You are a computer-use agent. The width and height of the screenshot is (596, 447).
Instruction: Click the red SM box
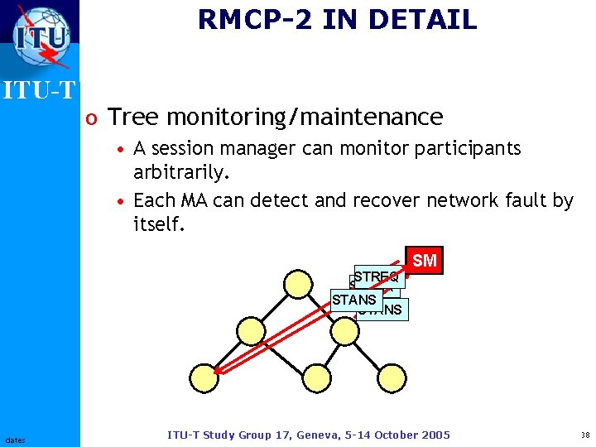424,261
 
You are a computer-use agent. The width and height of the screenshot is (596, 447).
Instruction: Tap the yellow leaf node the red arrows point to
204,377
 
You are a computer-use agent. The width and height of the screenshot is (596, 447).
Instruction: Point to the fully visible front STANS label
354,300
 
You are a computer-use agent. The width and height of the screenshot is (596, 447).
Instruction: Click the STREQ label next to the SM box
377,276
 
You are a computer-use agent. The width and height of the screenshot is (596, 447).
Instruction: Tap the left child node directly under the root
251,331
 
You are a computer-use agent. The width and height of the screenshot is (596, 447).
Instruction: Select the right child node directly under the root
344,331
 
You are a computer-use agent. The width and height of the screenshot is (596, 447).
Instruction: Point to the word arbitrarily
182,174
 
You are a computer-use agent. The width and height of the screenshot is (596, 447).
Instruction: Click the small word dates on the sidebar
15,440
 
